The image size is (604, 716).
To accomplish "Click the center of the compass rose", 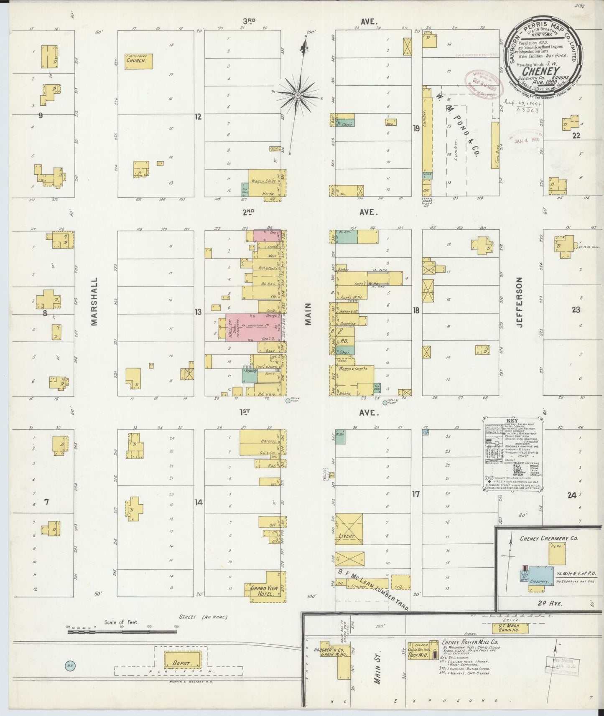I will (x=298, y=96).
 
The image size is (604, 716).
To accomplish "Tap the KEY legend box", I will (x=512, y=454).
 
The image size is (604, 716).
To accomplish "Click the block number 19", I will (x=416, y=129).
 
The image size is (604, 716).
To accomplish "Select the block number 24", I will (x=572, y=495).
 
